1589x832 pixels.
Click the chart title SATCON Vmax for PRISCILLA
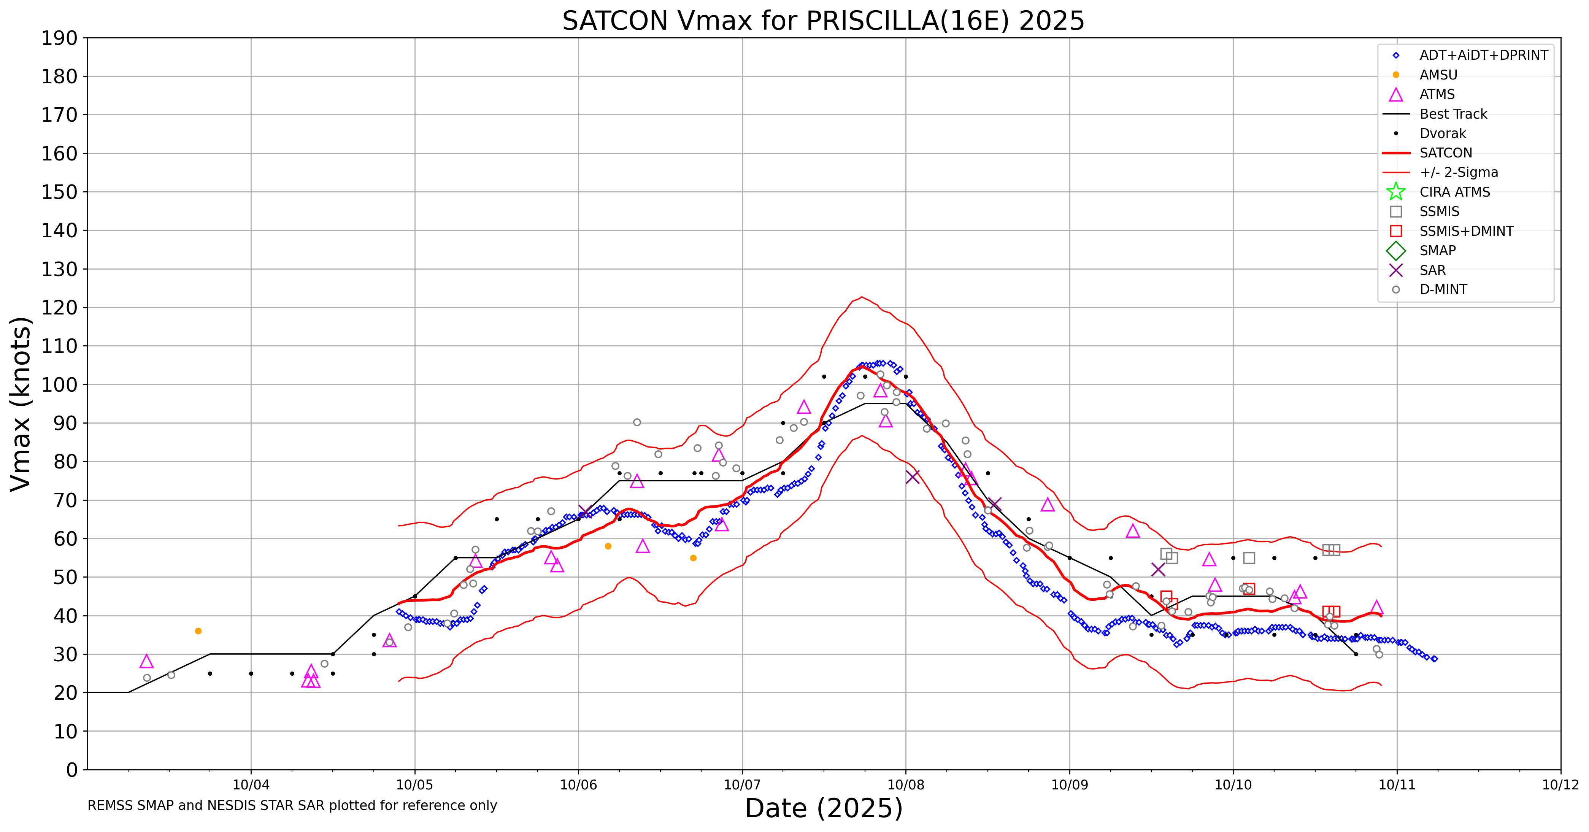(x=823, y=21)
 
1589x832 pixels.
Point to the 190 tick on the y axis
(x=60, y=38)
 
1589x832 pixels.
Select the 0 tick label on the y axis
(x=72, y=770)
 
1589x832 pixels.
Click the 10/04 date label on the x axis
(x=251, y=785)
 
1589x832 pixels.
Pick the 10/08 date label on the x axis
(x=906, y=785)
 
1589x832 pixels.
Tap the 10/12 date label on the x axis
(x=1560, y=785)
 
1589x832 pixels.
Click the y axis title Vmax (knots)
(x=21, y=404)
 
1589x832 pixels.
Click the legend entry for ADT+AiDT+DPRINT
(x=1483, y=56)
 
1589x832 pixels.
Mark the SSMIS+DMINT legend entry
(x=1466, y=231)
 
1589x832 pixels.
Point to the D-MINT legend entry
(x=1443, y=290)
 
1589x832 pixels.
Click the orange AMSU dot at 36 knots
(x=198, y=631)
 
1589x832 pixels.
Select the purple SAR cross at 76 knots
(x=912, y=477)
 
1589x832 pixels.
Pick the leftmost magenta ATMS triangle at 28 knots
(x=146, y=662)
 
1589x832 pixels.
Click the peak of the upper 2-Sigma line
(x=862, y=297)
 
